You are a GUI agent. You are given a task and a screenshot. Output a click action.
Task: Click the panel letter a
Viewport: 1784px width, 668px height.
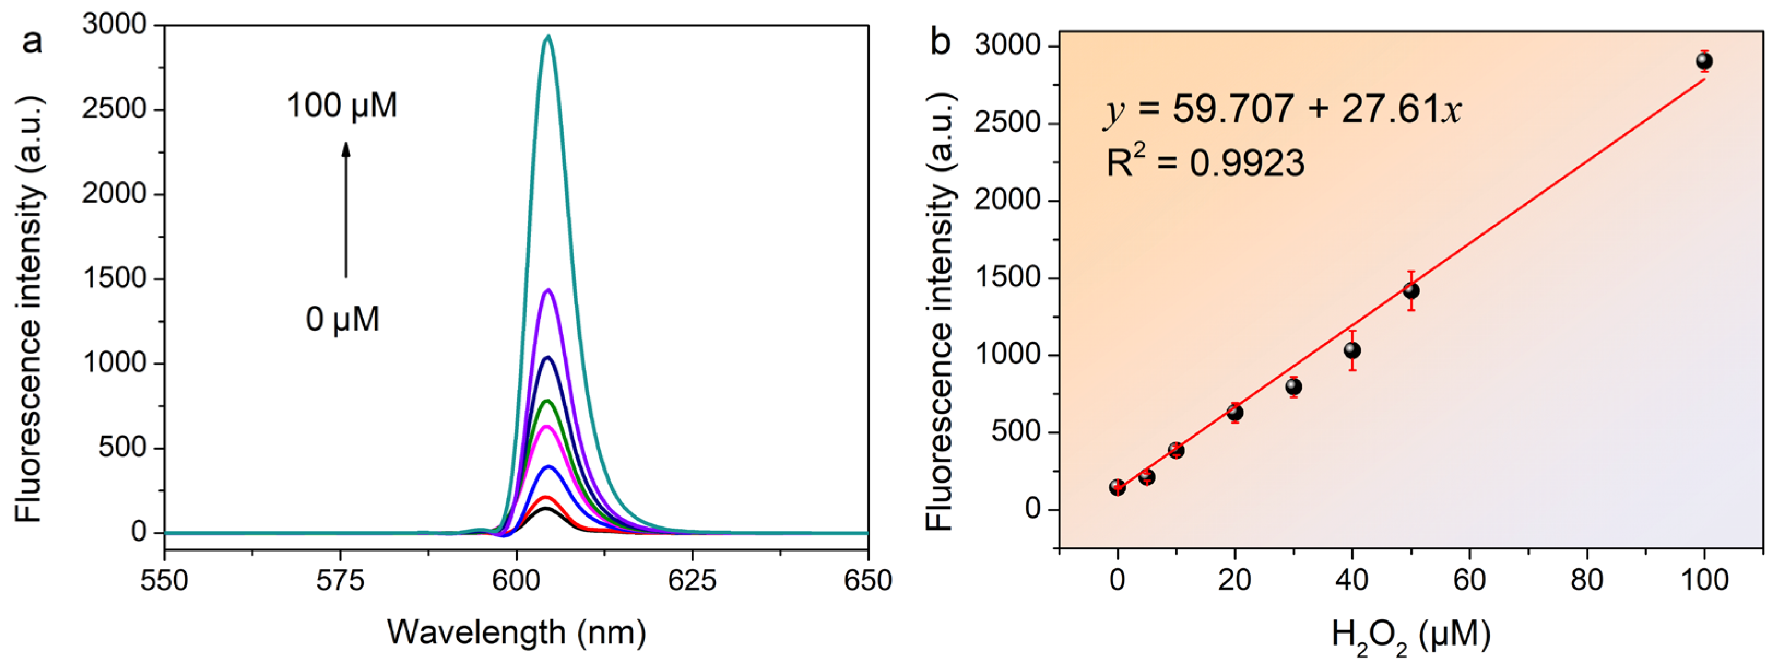point(32,42)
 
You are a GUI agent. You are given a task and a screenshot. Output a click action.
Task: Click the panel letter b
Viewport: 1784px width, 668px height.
point(940,43)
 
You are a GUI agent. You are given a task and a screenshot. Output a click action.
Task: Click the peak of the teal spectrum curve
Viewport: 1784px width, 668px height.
point(548,37)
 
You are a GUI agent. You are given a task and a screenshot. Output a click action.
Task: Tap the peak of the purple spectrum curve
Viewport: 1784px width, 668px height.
point(548,290)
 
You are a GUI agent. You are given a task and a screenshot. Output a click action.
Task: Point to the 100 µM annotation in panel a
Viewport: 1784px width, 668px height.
point(342,106)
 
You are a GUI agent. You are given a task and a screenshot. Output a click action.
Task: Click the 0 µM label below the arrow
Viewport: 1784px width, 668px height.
point(342,319)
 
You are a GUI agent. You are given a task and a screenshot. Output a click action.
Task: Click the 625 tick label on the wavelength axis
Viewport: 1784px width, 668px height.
point(692,581)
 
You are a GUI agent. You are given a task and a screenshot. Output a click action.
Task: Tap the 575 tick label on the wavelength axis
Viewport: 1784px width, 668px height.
point(340,581)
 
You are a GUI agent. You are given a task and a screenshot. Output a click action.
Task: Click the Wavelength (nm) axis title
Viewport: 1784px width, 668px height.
point(516,632)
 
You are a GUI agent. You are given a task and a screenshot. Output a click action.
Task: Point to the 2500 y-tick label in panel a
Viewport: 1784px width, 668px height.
point(114,109)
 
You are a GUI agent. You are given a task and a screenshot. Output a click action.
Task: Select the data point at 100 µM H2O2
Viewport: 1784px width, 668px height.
point(1704,62)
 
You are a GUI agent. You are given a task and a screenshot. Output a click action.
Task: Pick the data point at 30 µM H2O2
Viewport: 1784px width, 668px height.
point(1293,386)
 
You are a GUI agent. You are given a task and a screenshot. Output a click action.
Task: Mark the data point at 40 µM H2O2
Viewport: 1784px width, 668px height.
point(1352,350)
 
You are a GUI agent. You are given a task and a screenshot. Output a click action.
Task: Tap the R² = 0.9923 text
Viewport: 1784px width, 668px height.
point(1205,163)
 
